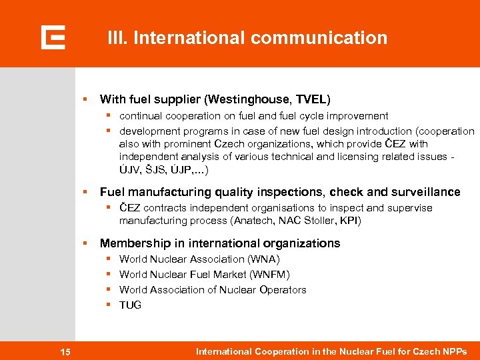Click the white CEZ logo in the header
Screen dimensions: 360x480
(x=53, y=37)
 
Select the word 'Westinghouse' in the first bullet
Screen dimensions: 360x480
(x=243, y=100)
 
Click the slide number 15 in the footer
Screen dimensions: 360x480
(x=65, y=351)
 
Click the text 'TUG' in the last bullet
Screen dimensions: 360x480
(x=130, y=305)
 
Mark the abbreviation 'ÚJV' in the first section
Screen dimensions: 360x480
(x=130, y=170)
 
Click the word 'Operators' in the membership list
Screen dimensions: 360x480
(x=283, y=290)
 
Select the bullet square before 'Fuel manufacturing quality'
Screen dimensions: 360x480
(x=85, y=192)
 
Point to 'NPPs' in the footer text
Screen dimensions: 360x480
(x=453, y=351)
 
